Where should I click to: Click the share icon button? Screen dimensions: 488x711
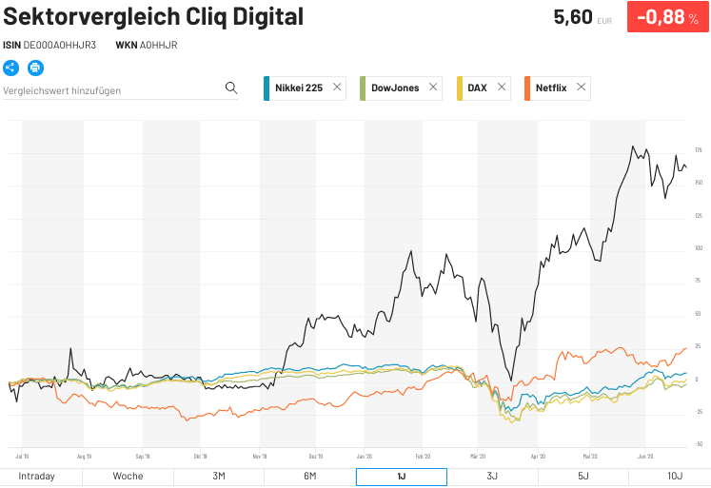[x=11, y=68]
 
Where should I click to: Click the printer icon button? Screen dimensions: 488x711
[x=35, y=68]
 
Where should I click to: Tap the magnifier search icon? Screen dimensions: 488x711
[x=230, y=88]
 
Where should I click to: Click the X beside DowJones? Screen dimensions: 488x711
[x=433, y=88]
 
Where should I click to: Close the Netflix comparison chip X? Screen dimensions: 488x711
[x=582, y=88]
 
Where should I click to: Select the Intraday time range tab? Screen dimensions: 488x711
[x=36, y=476]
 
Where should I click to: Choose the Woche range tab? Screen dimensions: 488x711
[x=128, y=476]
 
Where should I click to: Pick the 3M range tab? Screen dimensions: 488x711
[x=218, y=476]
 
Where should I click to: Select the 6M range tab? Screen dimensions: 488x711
[x=309, y=476]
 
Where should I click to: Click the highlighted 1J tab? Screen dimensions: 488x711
[x=401, y=476]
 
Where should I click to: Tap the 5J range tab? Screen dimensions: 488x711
[x=583, y=476]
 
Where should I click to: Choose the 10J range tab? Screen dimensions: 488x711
[x=674, y=476]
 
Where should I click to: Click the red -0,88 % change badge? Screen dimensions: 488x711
[x=667, y=17]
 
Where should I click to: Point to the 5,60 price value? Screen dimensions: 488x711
[x=573, y=17]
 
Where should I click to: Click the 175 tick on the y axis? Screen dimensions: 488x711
[x=699, y=151]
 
